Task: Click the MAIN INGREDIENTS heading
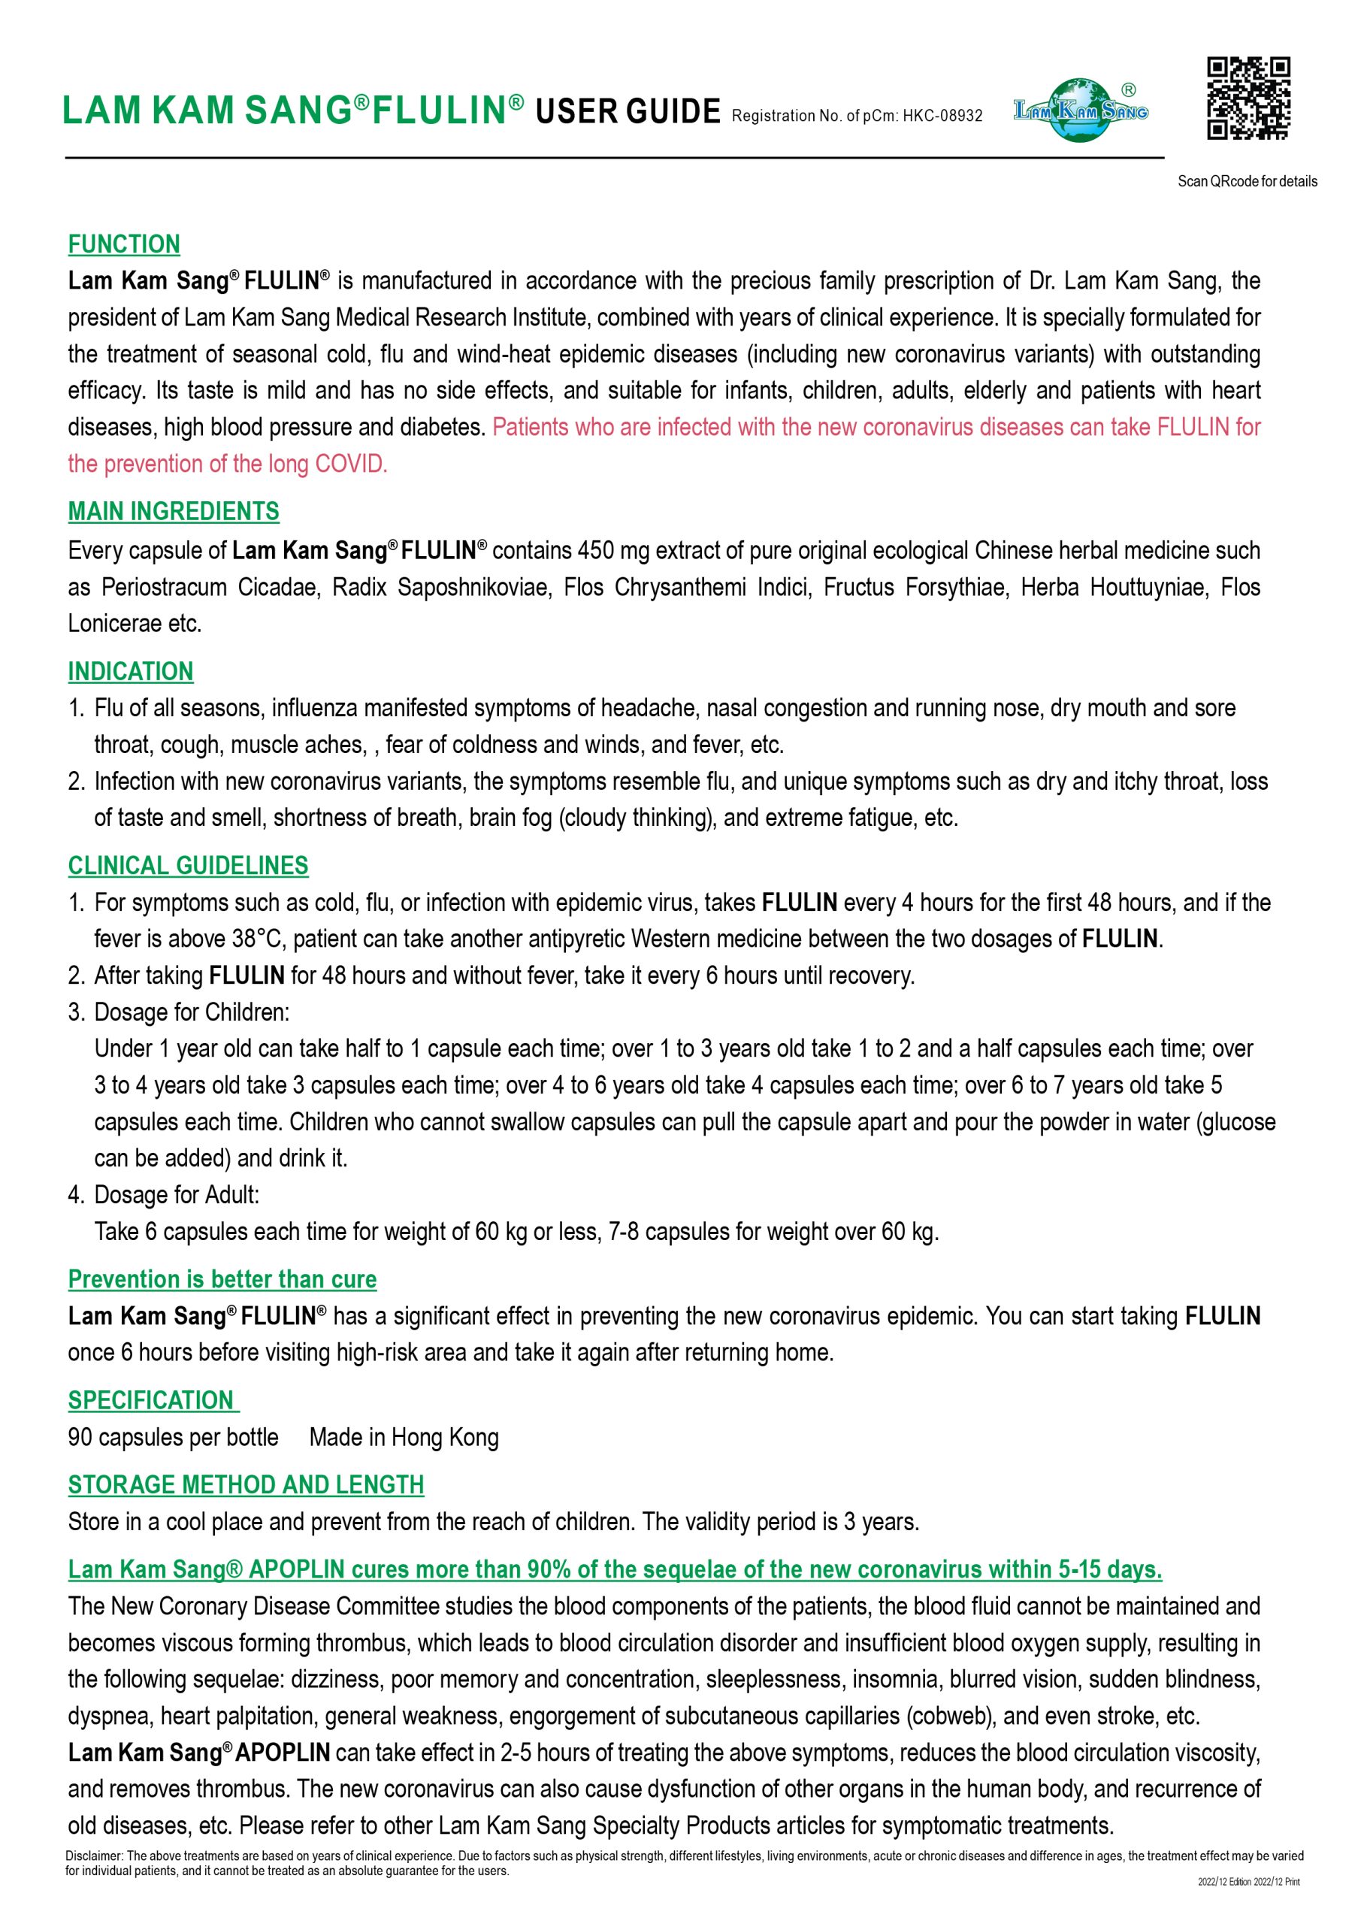pyautogui.click(x=174, y=511)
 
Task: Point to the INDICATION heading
pyautogui.click(x=131, y=671)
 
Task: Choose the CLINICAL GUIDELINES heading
pyautogui.click(x=188, y=866)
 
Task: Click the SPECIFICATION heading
pyautogui.click(x=152, y=1400)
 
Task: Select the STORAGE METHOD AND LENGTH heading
pyautogui.click(x=246, y=1485)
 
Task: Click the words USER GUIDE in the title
pyautogui.click(x=628, y=111)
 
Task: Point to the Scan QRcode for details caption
pyautogui.click(x=1247, y=181)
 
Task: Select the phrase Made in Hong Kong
pyautogui.click(x=404, y=1437)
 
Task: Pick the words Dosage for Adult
pyautogui.click(x=176, y=1195)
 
